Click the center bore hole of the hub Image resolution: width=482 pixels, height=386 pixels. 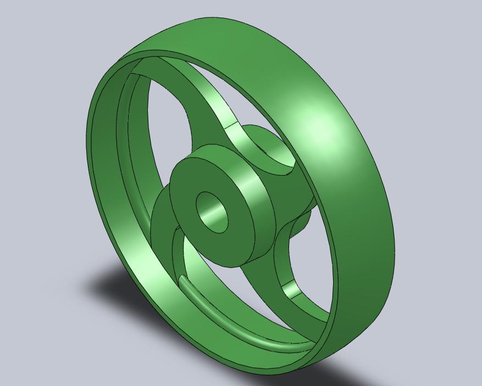[212, 212]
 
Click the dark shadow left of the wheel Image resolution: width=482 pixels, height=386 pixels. [110, 286]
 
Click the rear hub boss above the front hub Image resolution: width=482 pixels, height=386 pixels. [264, 146]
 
